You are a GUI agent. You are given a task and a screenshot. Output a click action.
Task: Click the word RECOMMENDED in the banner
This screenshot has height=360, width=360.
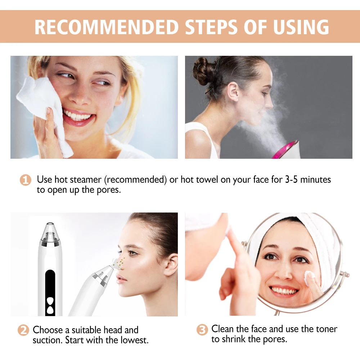pos(107,27)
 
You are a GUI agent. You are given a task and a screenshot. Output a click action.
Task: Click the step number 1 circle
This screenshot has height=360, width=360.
pos(25,180)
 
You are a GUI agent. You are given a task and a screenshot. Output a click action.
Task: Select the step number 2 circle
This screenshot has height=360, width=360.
pos(23,330)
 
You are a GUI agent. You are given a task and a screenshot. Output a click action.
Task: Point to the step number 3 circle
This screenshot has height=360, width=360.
pos(202,330)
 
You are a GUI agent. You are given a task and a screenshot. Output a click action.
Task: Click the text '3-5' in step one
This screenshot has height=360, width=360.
pos(291,179)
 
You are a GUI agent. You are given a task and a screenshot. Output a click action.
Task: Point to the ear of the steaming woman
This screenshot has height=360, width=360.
pos(233,92)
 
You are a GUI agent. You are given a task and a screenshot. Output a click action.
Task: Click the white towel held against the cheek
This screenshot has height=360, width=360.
pos(44,110)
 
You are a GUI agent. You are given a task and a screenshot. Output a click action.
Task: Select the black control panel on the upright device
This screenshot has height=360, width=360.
pos(50,293)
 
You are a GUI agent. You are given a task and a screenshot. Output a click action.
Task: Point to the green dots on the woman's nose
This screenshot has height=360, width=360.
pos(120,262)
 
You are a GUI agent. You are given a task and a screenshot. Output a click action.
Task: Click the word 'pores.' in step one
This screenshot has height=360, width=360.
pos(109,190)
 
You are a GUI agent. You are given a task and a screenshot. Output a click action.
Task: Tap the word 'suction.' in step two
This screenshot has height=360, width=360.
pos(48,340)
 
